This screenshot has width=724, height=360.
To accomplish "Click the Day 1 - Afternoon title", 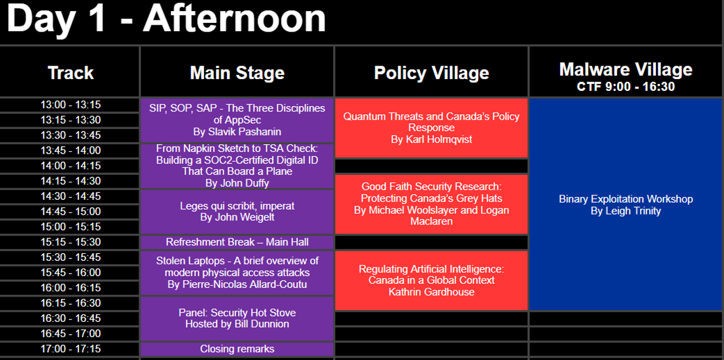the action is [x=166, y=19].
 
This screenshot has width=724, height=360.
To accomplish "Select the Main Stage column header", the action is [x=237, y=73].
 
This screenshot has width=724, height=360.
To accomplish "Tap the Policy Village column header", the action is [x=431, y=73].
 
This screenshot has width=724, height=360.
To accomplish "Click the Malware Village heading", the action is [x=626, y=69].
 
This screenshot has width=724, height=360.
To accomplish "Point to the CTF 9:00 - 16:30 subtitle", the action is [x=626, y=87].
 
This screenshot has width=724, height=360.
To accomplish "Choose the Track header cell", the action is [x=70, y=73].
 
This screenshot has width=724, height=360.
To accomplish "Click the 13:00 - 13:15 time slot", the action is [x=70, y=104].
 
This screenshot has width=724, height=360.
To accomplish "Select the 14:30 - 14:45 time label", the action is [x=70, y=196].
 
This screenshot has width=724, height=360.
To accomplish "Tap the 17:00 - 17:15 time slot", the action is [x=70, y=349].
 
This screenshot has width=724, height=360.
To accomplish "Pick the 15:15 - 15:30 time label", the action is [x=70, y=242].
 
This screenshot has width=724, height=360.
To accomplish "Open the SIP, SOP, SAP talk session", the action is [x=237, y=120].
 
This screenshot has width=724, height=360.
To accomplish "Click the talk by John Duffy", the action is [x=237, y=166].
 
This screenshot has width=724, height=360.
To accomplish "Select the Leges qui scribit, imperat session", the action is [x=237, y=212].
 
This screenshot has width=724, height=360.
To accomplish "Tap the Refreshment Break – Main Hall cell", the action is [x=237, y=242].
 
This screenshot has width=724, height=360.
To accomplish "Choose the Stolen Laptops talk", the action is [x=237, y=273].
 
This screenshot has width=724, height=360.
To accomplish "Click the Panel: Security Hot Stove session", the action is [x=237, y=319].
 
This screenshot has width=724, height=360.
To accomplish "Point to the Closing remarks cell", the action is [x=237, y=349].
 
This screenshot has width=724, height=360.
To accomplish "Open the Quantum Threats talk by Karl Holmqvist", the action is [x=431, y=128].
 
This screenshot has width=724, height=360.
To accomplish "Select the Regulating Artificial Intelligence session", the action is [x=431, y=281].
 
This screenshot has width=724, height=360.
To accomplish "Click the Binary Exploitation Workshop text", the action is [x=626, y=199].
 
